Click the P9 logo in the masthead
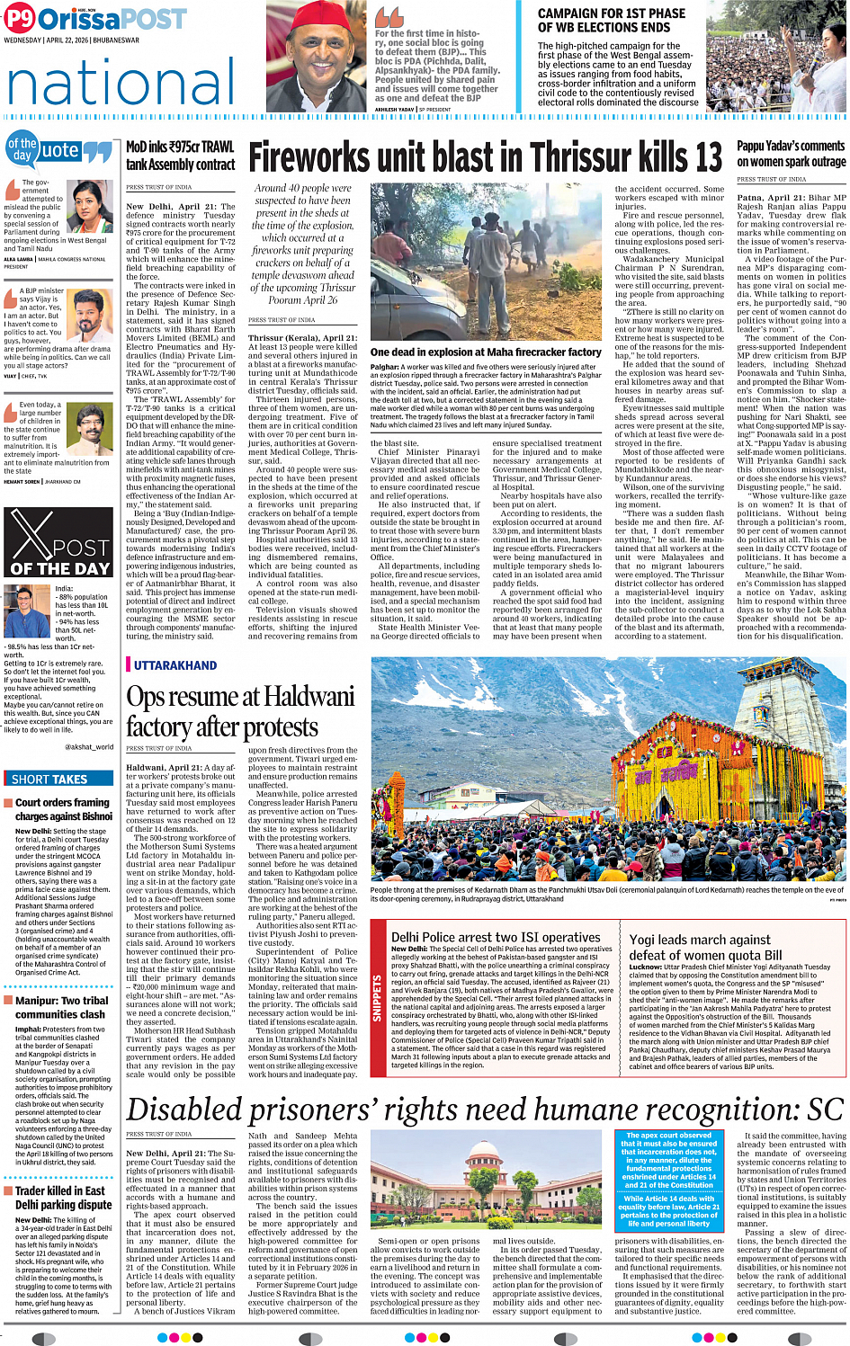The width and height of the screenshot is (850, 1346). coord(19,19)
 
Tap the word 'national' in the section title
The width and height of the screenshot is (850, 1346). coord(121,82)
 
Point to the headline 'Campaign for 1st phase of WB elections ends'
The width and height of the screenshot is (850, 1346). coord(611,21)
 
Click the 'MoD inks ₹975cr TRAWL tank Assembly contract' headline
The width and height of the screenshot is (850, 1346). coord(181,156)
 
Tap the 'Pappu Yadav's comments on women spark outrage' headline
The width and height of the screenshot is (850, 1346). coord(791,154)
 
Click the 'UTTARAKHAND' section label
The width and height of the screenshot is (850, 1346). coord(175,665)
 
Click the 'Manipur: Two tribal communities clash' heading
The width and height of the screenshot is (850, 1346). coord(61,1007)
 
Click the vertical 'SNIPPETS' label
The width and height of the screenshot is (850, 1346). coord(378,998)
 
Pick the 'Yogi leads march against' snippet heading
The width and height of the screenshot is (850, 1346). coord(700,940)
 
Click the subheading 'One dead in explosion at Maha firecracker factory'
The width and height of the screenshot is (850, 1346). coord(486,352)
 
